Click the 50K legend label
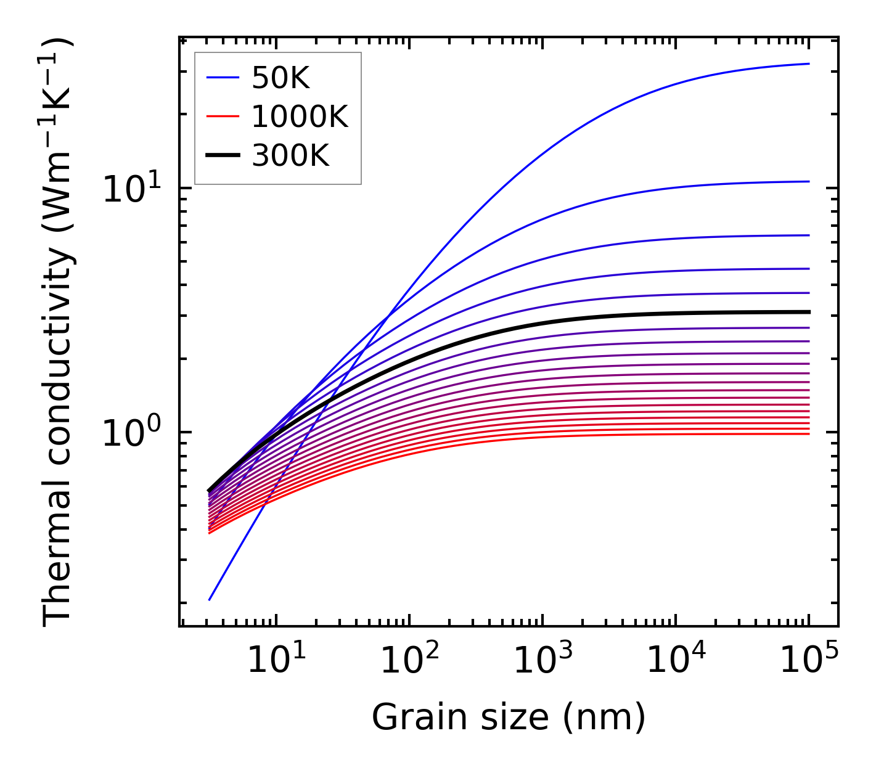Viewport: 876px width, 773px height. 280,78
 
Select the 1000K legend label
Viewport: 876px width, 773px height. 300,117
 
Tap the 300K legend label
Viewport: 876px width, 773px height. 290,157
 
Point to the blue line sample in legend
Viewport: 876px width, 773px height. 222,78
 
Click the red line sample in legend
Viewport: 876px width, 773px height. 222,117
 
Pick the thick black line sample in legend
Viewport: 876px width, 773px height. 222,157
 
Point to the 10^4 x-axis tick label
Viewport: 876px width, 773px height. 675,662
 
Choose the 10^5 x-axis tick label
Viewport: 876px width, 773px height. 808,662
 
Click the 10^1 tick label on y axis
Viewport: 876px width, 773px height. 130,189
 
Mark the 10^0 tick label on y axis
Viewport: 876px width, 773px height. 130,433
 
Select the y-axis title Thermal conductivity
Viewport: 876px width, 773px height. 59,332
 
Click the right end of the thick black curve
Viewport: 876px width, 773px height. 808,312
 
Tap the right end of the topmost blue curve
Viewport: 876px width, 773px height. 808,63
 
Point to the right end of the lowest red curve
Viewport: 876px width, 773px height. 808,434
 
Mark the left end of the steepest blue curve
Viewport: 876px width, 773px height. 210,599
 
